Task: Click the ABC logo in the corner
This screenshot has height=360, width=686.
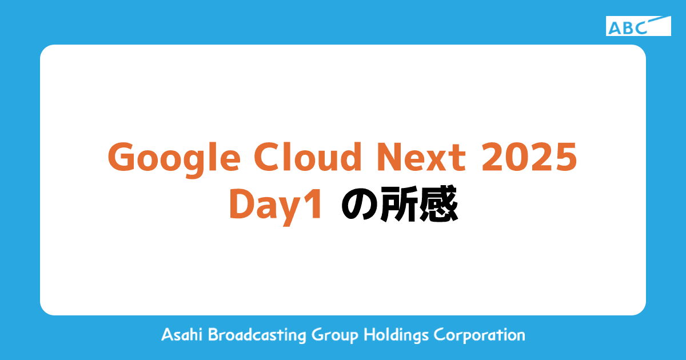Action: (x=638, y=26)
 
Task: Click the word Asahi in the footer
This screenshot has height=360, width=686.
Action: (x=182, y=335)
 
